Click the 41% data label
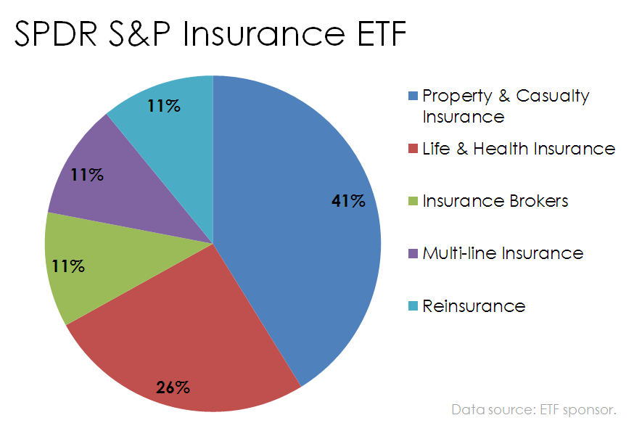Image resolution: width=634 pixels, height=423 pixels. tap(347, 201)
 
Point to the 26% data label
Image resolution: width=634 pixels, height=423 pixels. tap(173, 387)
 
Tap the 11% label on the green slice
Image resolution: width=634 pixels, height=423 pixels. tap(68, 266)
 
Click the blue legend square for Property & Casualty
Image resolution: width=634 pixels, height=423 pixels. tap(413, 96)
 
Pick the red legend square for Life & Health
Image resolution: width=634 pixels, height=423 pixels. tap(413, 149)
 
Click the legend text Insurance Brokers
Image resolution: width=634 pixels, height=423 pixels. tap(495, 201)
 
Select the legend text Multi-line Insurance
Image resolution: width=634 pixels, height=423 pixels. tap(502, 253)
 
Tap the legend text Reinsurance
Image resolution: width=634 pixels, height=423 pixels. tap(473, 305)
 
